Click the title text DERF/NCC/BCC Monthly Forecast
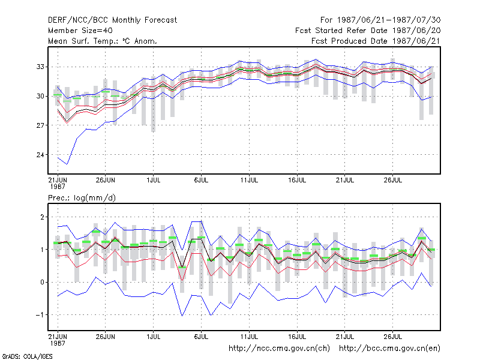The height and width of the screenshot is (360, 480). tap(112, 20)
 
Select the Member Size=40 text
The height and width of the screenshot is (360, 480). tap(80, 31)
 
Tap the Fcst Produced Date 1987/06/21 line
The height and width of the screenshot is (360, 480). tap(376, 41)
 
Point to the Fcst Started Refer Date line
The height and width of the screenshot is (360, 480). tap(368, 31)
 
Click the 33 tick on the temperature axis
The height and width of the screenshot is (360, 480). tap(40, 67)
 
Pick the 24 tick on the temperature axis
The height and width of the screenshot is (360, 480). tap(40, 155)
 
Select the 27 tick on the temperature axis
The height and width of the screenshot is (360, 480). tap(40, 125)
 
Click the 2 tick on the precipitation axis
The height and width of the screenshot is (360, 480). tap(42, 217)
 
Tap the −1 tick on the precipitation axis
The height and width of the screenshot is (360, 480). tap(40, 315)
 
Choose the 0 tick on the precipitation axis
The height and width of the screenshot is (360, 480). tap(42, 282)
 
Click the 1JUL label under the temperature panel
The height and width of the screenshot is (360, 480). tap(154, 180)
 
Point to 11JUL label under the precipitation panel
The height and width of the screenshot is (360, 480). tap(249, 337)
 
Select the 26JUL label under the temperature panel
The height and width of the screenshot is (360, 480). tap(393, 180)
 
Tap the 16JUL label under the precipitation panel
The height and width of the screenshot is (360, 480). tap(297, 337)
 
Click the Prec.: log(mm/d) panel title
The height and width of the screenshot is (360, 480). tap(82, 198)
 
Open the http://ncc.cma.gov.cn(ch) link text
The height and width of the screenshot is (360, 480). tap(279, 349)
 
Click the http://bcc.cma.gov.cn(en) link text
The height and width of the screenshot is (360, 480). tap(389, 349)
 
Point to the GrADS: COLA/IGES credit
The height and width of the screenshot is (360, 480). tap(27, 356)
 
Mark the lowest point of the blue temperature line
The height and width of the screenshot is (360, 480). tap(67, 164)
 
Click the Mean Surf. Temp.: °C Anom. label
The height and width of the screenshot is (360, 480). tap(103, 41)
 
